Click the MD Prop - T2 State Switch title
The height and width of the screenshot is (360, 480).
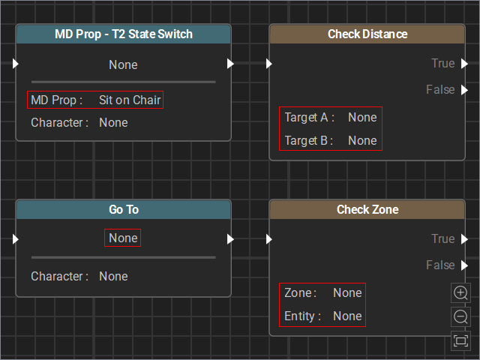click(x=124, y=34)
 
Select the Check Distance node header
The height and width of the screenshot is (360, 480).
click(x=367, y=34)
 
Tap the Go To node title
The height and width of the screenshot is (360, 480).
click(x=124, y=210)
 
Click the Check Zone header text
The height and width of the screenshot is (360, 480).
click(x=367, y=210)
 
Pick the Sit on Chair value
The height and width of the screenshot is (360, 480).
click(x=130, y=100)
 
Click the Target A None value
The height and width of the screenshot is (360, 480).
click(x=362, y=118)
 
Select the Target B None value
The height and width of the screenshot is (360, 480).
click(x=362, y=141)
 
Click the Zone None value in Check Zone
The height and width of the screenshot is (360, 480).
click(x=347, y=293)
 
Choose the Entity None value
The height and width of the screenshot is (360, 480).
click(x=347, y=316)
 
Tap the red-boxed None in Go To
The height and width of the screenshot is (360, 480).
click(x=123, y=238)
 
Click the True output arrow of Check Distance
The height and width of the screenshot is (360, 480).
click(x=465, y=64)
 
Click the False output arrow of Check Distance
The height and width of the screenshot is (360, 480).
click(x=465, y=90)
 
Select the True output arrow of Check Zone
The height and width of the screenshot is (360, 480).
click(x=465, y=239)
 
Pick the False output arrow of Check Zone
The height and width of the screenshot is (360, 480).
click(x=465, y=265)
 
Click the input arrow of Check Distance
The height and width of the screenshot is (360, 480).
click(x=269, y=64)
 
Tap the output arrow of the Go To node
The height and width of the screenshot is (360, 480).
click(x=230, y=239)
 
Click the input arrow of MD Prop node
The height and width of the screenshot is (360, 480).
click(x=16, y=64)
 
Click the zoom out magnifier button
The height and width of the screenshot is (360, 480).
click(x=460, y=316)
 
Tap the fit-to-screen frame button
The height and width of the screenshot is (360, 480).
click(x=460, y=340)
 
